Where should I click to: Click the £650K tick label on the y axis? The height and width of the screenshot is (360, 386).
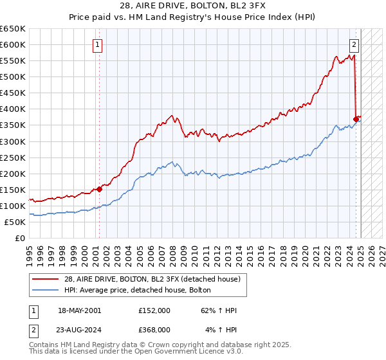[x=13, y=29]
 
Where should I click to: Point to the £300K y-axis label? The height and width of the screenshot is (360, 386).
[x=13, y=141]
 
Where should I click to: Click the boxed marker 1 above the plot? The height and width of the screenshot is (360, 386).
[x=97, y=45]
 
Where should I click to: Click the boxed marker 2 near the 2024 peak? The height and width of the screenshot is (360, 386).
[x=354, y=45]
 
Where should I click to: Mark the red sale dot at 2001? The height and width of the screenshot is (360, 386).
[x=100, y=189]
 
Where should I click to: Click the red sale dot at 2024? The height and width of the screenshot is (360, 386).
[x=356, y=119]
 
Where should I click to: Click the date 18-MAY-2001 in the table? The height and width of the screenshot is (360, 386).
[x=80, y=310]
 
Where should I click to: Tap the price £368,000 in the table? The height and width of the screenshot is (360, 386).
[x=154, y=330]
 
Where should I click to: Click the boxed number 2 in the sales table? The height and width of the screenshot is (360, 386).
[x=33, y=330]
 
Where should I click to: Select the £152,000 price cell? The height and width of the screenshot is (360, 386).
[x=154, y=310]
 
